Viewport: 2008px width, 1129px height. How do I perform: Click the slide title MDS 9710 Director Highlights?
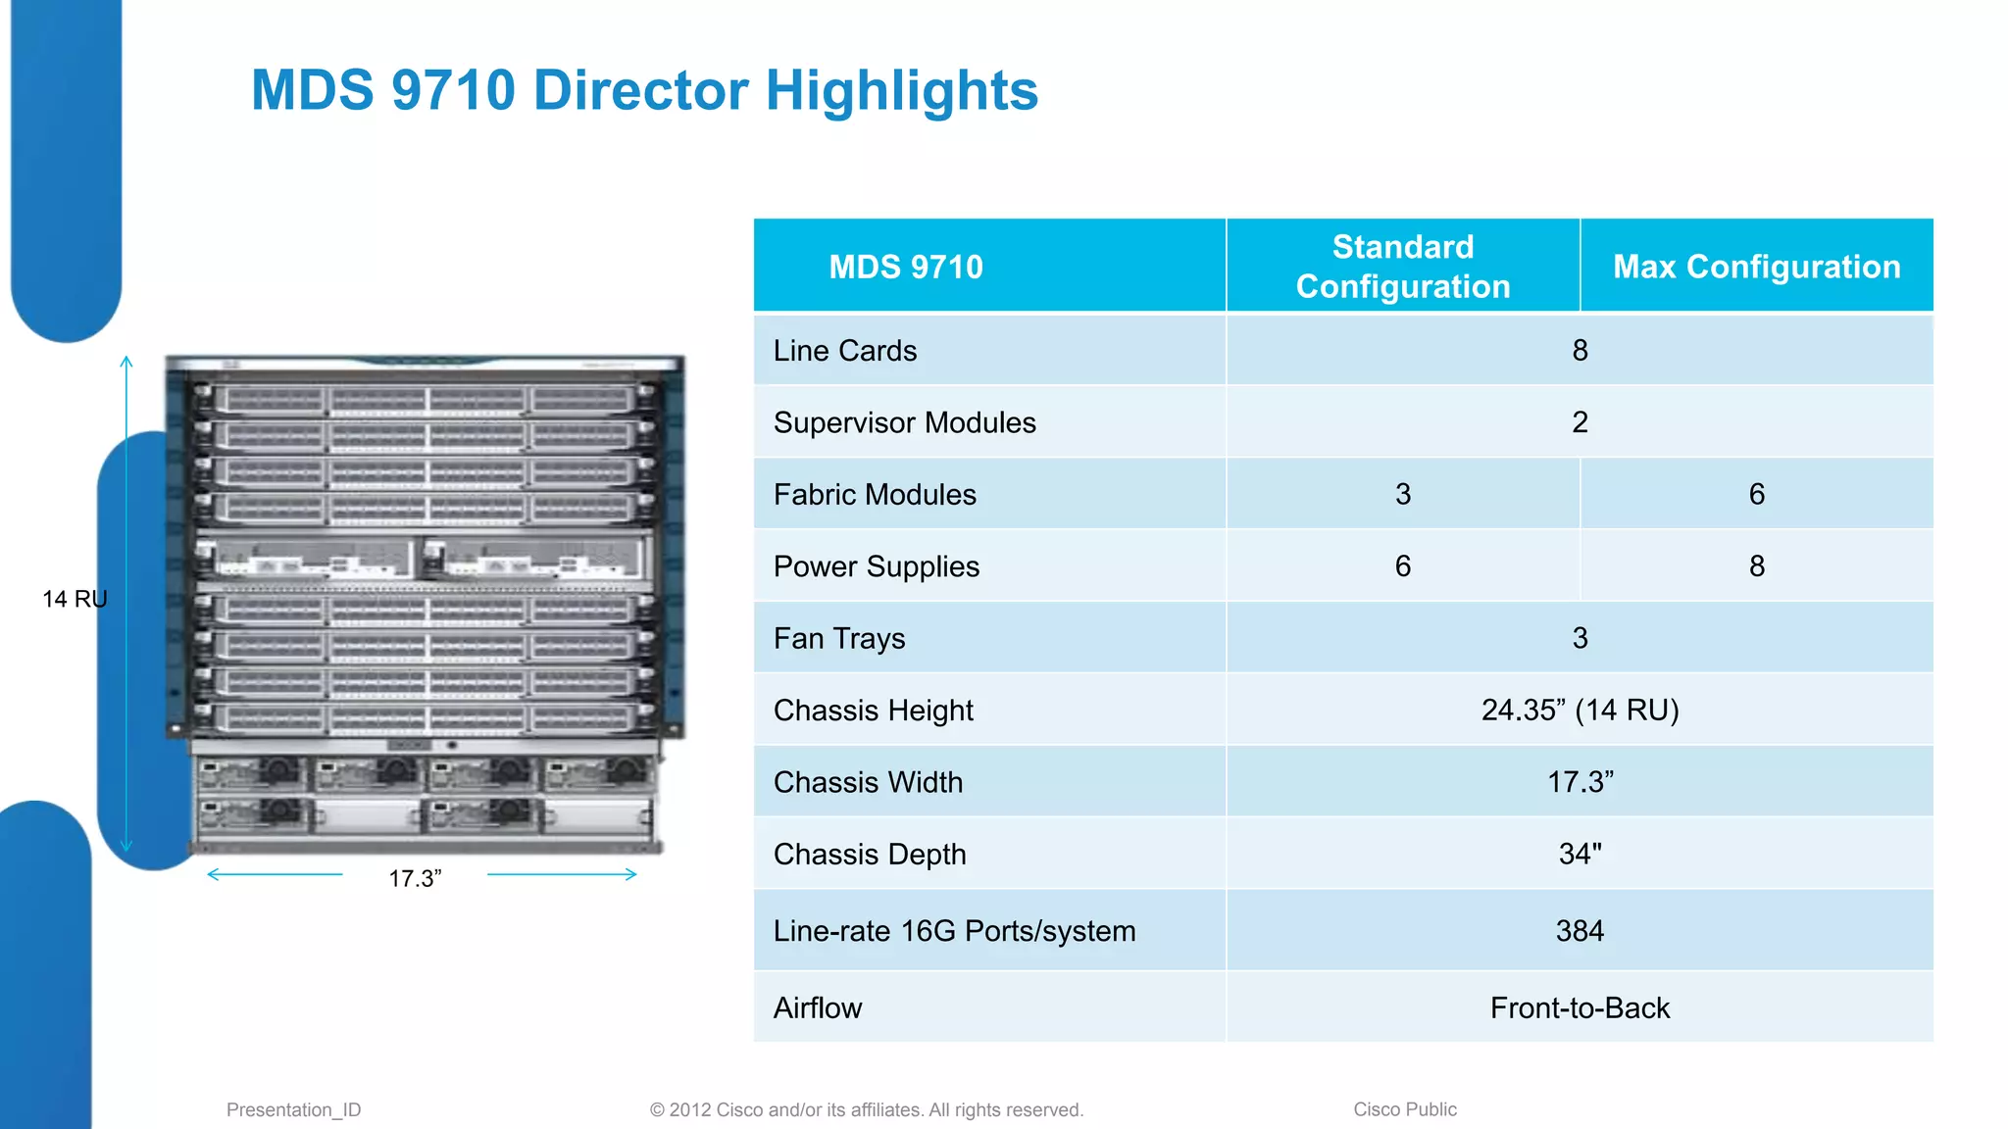[x=644, y=90]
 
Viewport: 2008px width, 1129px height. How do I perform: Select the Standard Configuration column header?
[x=1402, y=267]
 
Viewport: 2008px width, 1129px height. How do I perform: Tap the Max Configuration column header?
[x=1756, y=267]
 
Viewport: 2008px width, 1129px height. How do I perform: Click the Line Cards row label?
[x=845, y=351]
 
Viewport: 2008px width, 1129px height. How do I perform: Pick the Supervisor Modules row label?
[x=904, y=422]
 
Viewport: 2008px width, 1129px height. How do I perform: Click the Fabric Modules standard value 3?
[x=1403, y=494]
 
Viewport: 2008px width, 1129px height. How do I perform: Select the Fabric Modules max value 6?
[x=1756, y=494]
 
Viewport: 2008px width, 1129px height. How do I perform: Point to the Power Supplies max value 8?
[x=1756, y=566]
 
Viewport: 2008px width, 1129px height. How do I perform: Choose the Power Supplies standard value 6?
[x=1403, y=566]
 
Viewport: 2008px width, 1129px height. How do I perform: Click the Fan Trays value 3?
[x=1580, y=638]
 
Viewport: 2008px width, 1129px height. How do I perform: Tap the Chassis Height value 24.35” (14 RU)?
[x=1580, y=710]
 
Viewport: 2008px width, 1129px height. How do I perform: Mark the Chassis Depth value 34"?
[x=1580, y=854]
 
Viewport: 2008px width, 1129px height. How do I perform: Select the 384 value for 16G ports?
[x=1580, y=930]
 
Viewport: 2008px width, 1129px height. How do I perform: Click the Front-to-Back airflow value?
[x=1580, y=1007]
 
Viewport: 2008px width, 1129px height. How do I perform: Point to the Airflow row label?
[x=818, y=1007]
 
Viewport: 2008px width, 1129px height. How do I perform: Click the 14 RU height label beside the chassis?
[x=75, y=599]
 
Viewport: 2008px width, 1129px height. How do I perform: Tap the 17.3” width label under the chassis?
[x=415, y=878]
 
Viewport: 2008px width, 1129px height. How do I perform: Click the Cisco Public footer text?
[x=1404, y=1109]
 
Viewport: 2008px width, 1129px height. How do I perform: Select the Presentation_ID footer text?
[x=293, y=1109]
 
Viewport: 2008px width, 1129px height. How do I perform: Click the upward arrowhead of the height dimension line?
[x=126, y=361]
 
